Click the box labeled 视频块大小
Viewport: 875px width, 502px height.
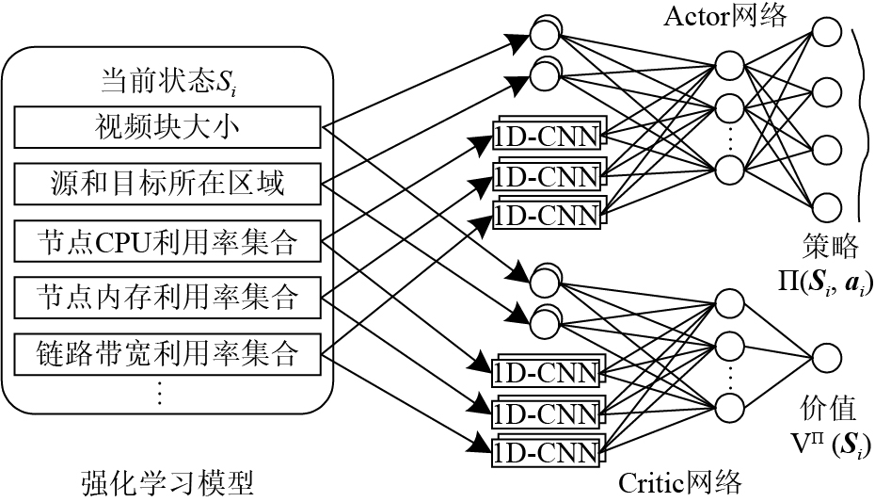[167, 128]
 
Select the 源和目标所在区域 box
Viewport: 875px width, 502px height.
[167, 184]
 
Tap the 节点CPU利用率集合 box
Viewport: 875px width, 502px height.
[167, 241]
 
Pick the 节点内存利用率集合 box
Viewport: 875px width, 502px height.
[167, 298]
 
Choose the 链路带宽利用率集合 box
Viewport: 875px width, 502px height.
[167, 354]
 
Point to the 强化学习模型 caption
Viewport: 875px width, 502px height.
[167, 483]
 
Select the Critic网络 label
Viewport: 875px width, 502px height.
[680, 482]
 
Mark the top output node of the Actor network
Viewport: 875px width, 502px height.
[826, 32]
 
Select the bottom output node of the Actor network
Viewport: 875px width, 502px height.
[826, 208]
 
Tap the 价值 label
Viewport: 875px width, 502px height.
[828, 409]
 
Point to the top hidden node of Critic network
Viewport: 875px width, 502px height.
[729, 304]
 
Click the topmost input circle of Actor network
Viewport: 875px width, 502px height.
[545, 34]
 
